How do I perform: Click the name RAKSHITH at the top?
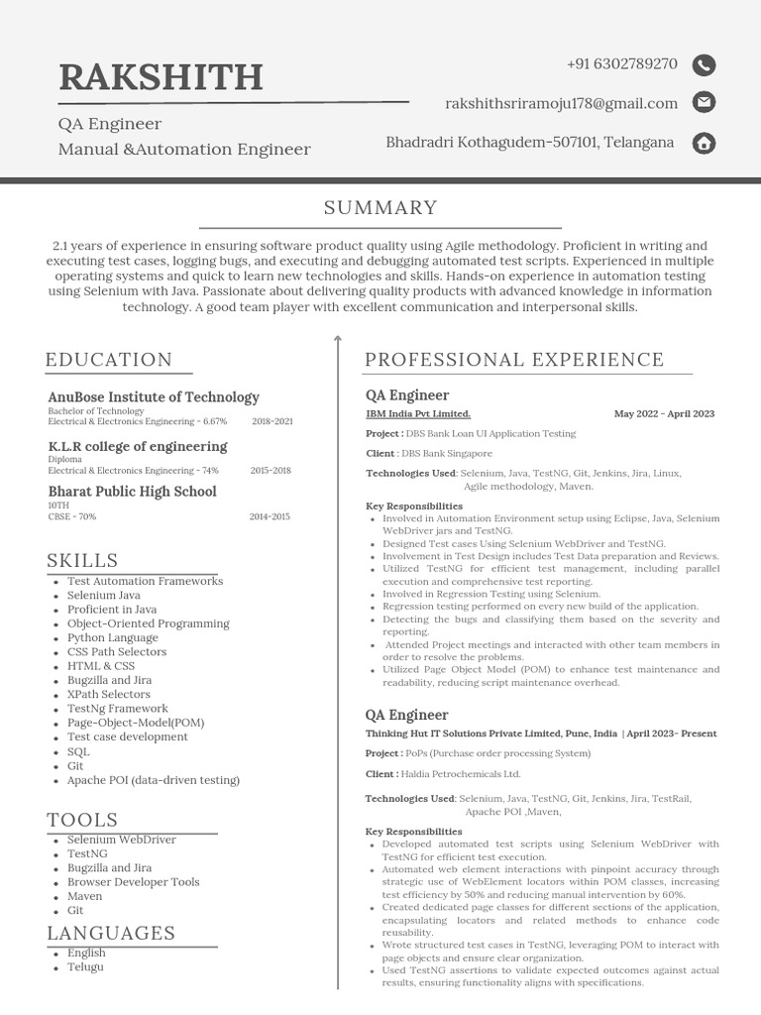click(x=161, y=77)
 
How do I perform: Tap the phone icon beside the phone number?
click(x=704, y=65)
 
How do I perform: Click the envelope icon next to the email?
click(x=704, y=102)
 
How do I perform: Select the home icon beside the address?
click(x=704, y=143)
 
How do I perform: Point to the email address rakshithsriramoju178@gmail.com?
click(x=562, y=103)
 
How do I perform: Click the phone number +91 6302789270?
click(x=622, y=64)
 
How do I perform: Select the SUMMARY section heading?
click(x=380, y=207)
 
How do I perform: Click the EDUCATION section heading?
click(x=109, y=360)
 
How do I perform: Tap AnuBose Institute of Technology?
click(x=154, y=397)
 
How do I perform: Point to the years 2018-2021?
click(x=272, y=421)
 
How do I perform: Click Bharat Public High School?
click(x=132, y=492)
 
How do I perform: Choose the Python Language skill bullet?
click(x=113, y=638)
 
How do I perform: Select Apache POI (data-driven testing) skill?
click(x=154, y=780)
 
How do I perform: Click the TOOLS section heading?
click(x=82, y=820)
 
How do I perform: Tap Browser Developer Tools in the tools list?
click(x=133, y=882)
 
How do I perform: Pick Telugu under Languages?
click(x=85, y=966)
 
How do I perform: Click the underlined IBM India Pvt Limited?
click(x=418, y=414)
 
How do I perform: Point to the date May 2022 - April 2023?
click(x=664, y=414)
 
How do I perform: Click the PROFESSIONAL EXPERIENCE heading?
click(x=514, y=360)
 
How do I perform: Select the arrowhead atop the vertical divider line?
click(x=338, y=339)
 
